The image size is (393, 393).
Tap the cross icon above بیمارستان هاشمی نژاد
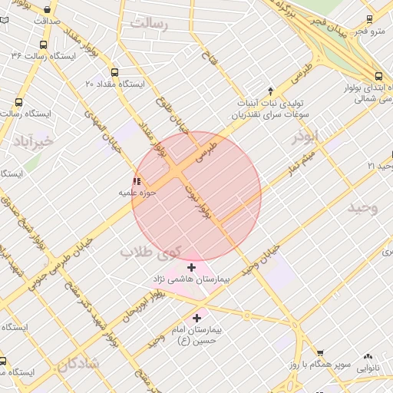tap(191, 267)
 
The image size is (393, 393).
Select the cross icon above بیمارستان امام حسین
tap(197, 317)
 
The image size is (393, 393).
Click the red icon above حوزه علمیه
tap(137, 181)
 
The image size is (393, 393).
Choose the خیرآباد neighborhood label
tap(34, 141)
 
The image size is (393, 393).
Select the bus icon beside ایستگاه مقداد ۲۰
tap(114, 72)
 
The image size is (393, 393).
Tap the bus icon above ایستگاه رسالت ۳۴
tap(43, 45)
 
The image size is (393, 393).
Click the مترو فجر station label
tap(371, 31)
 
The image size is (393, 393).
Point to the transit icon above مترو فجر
tap(371, 19)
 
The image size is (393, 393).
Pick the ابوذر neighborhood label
tap(305, 137)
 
